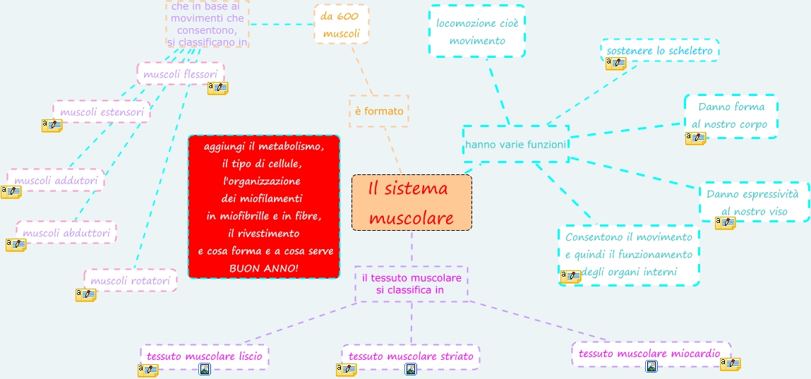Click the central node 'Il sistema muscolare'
point(411,203)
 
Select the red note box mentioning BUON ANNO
point(264,207)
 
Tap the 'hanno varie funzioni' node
point(516,145)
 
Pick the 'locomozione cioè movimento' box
point(477,32)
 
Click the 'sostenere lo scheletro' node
point(660,51)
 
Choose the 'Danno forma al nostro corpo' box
point(731,116)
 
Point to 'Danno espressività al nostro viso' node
point(754,202)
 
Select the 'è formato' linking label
point(379,111)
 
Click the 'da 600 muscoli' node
point(341,24)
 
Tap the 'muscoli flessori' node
point(180,73)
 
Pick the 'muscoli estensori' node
point(102,112)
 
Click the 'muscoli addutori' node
point(56,180)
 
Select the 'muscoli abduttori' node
point(66,232)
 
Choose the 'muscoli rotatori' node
point(130,280)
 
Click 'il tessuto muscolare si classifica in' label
point(411,284)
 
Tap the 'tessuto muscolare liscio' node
point(204,356)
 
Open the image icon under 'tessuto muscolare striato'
point(411,369)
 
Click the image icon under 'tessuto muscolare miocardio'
point(651,366)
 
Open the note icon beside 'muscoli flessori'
point(217,88)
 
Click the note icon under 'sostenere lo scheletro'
point(615,64)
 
